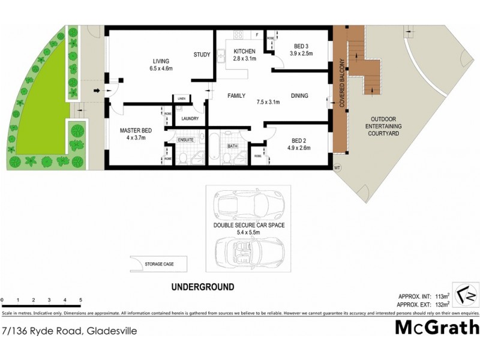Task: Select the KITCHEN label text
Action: pyautogui.click(x=245, y=51)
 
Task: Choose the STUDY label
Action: pyautogui.click(x=202, y=55)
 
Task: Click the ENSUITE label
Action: pyautogui.click(x=185, y=140)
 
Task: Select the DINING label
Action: pyautogui.click(x=300, y=95)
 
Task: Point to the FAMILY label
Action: pyautogui.click(x=236, y=95)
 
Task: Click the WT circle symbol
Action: pyautogui.click(x=337, y=168)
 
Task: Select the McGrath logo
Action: pyautogui.click(x=436, y=327)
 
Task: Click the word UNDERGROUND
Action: pyautogui.click(x=203, y=287)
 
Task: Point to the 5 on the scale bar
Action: pyautogui.click(x=80, y=299)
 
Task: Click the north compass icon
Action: pyautogui.click(x=466, y=295)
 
